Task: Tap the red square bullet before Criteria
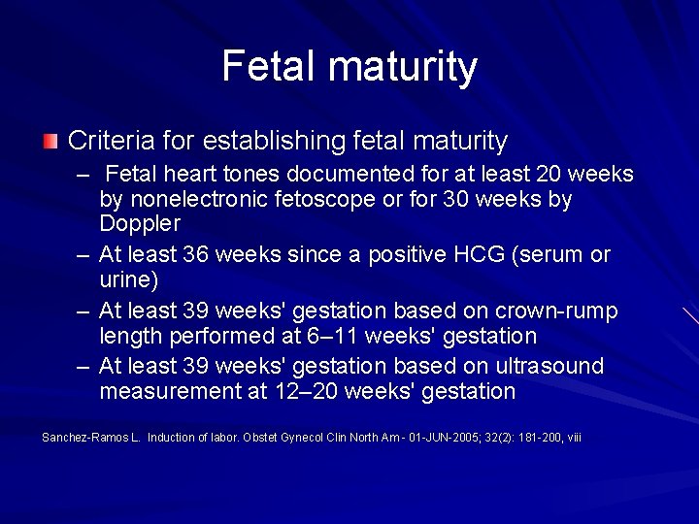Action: coord(50,142)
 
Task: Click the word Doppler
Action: coord(140,223)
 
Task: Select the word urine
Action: coord(125,279)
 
